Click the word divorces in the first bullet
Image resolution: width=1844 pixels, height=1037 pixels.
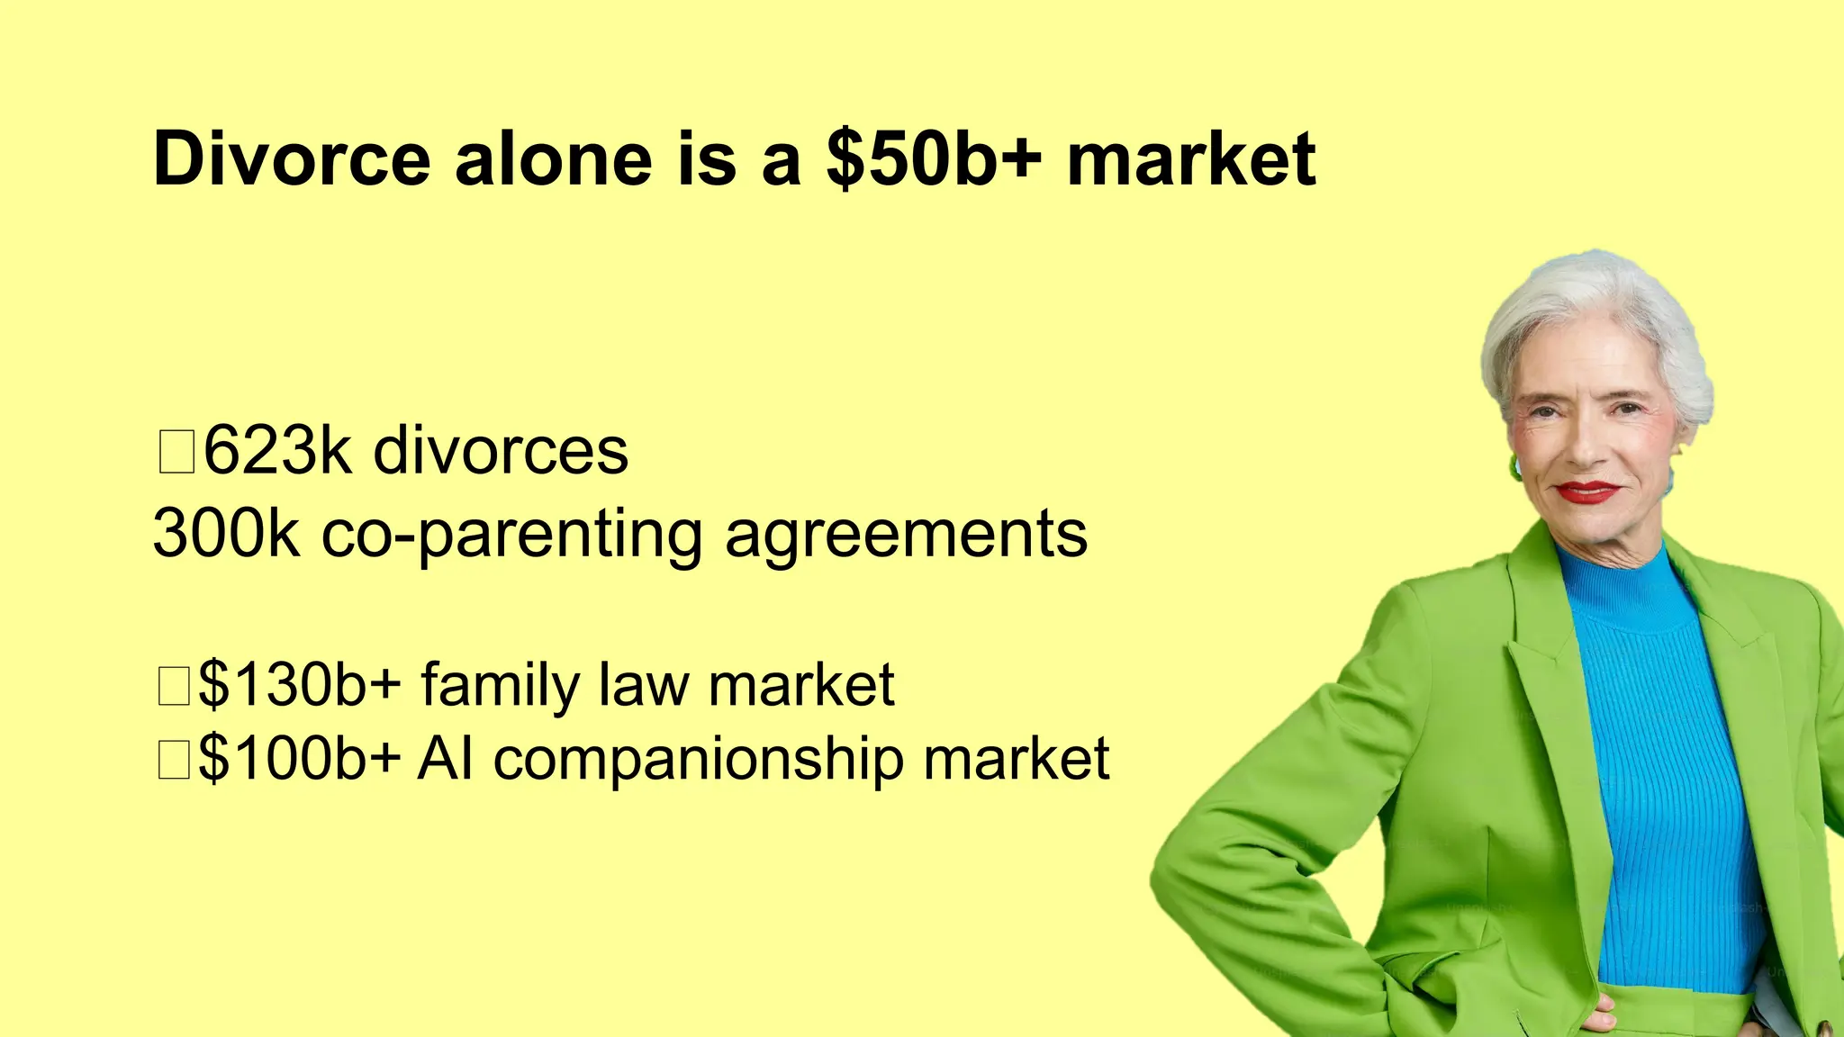tap(501, 450)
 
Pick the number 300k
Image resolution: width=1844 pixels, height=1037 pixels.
tap(226, 533)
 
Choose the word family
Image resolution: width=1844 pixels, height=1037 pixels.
tap(501, 686)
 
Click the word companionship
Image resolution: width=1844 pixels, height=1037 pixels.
tap(698, 760)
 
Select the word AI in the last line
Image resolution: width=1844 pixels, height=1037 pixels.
tap(446, 758)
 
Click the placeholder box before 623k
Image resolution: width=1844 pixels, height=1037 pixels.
tap(176, 452)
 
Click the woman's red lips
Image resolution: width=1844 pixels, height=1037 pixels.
tap(1586, 491)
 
